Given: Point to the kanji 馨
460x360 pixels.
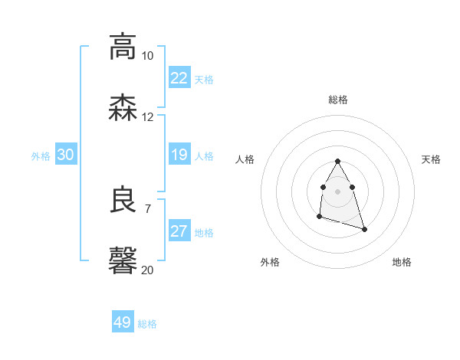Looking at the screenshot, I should [123, 260].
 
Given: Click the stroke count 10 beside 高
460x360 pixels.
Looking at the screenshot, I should [147, 56].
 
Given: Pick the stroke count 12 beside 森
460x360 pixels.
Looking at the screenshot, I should [147, 117].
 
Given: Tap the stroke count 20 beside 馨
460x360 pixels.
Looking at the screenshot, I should [147, 270].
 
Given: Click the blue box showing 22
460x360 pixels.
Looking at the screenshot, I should [179, 78].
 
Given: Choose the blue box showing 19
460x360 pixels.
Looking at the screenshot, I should [179, 155].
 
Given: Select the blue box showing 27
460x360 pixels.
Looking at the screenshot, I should [179, 231].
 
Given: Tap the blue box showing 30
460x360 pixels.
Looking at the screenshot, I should [66, 155].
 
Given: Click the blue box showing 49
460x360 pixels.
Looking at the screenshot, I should [123, 322].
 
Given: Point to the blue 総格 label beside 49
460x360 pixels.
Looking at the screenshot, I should [147, 324].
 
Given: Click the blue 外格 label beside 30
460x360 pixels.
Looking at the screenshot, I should [41, 155].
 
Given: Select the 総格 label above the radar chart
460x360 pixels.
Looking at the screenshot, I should [338, 100].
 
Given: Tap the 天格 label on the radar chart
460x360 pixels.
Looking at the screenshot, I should [431, 159].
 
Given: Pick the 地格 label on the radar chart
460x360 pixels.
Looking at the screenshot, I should [402, 262].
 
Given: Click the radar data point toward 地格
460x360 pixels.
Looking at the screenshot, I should [364, 229].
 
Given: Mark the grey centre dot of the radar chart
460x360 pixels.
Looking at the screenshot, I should [337, 190].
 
